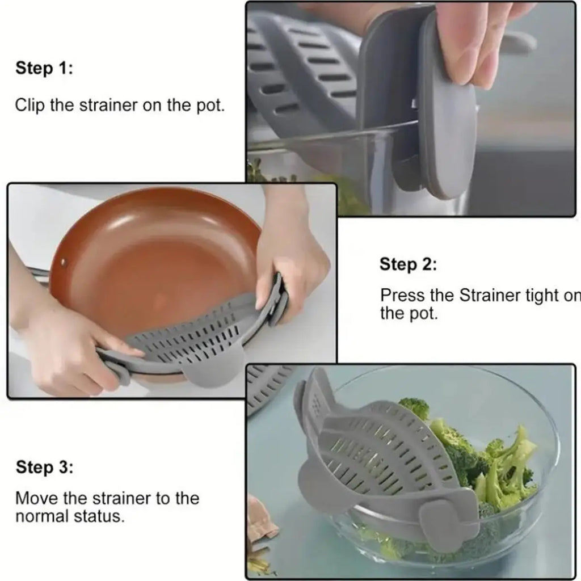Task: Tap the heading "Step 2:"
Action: point(408,264)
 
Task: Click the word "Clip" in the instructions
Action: point(31,106)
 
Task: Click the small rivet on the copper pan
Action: point(62,264)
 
